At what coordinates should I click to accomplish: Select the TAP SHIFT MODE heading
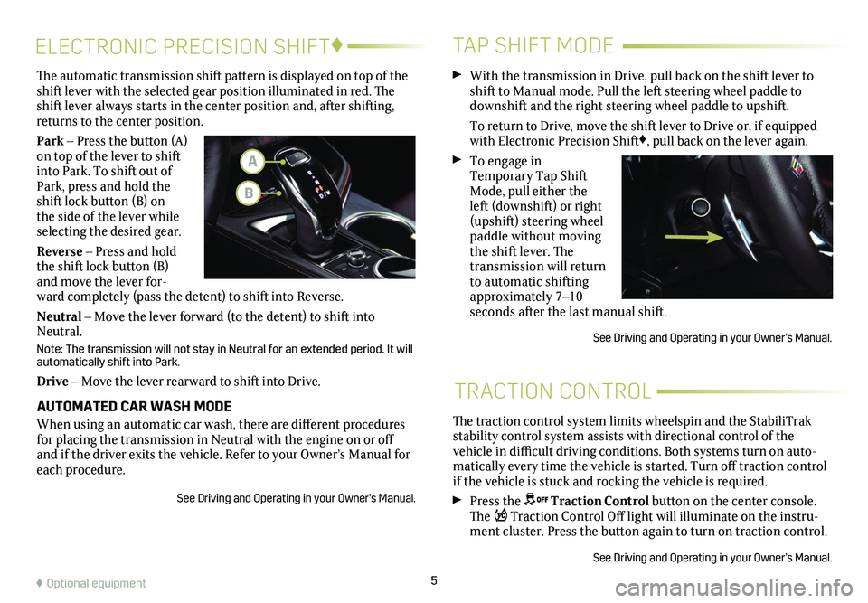point(533,44)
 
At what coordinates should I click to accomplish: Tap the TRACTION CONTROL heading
point(552,391)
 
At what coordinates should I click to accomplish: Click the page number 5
point(433,583)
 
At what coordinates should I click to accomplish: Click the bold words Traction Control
point(599,501)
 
